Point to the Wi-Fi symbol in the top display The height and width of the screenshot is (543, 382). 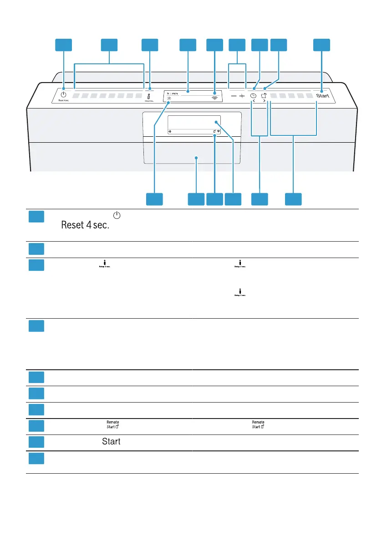pos(214,97)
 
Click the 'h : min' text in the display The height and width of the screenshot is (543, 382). pos(173,93)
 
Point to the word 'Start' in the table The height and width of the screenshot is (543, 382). pos(111,442)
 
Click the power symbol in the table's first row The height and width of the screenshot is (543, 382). pos(116,215)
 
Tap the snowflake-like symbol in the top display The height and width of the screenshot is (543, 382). pos(169,98)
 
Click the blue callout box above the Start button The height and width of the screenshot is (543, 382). pos(322,44)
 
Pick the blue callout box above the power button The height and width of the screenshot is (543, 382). pos(64,44)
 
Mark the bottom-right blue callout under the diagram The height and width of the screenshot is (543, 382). pos(293,199)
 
